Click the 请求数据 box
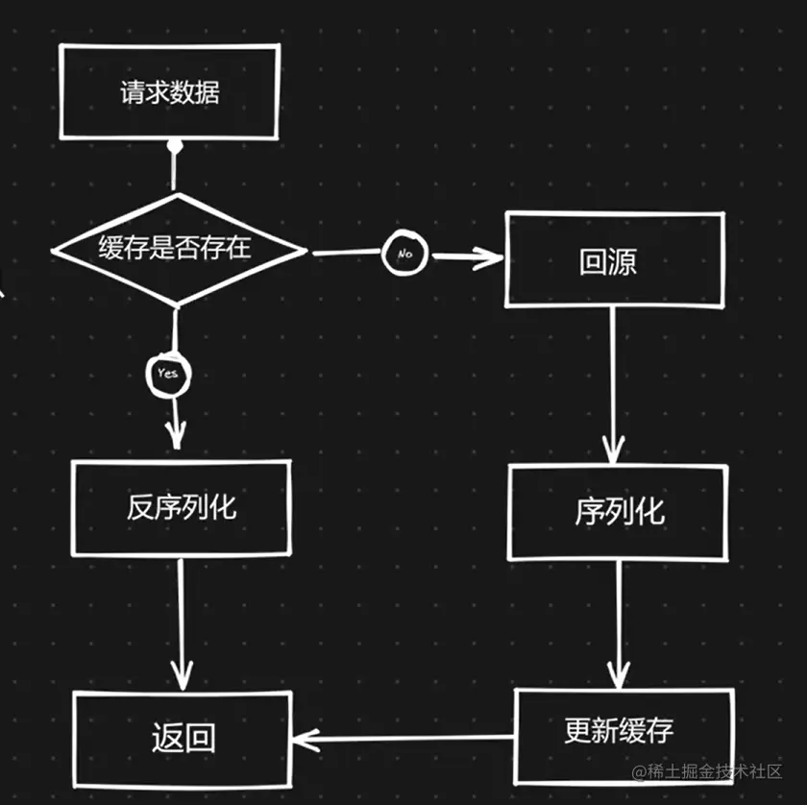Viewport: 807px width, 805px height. pyautogui.click(x=169, y=92)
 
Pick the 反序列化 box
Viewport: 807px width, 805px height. pyautogui.click(x=182, y=507)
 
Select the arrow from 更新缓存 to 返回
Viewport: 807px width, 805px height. pyautogui.click(x=403, y=739)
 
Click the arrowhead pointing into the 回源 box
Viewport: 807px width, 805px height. pyautogui.click(x=494, y=256)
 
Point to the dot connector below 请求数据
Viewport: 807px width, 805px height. pyautogui.click(x=174, y=146)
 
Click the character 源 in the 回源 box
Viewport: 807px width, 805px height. pyautogui.click(x=623, y=262)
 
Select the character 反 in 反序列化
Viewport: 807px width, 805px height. pyautogui.click(x=140, y=507)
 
